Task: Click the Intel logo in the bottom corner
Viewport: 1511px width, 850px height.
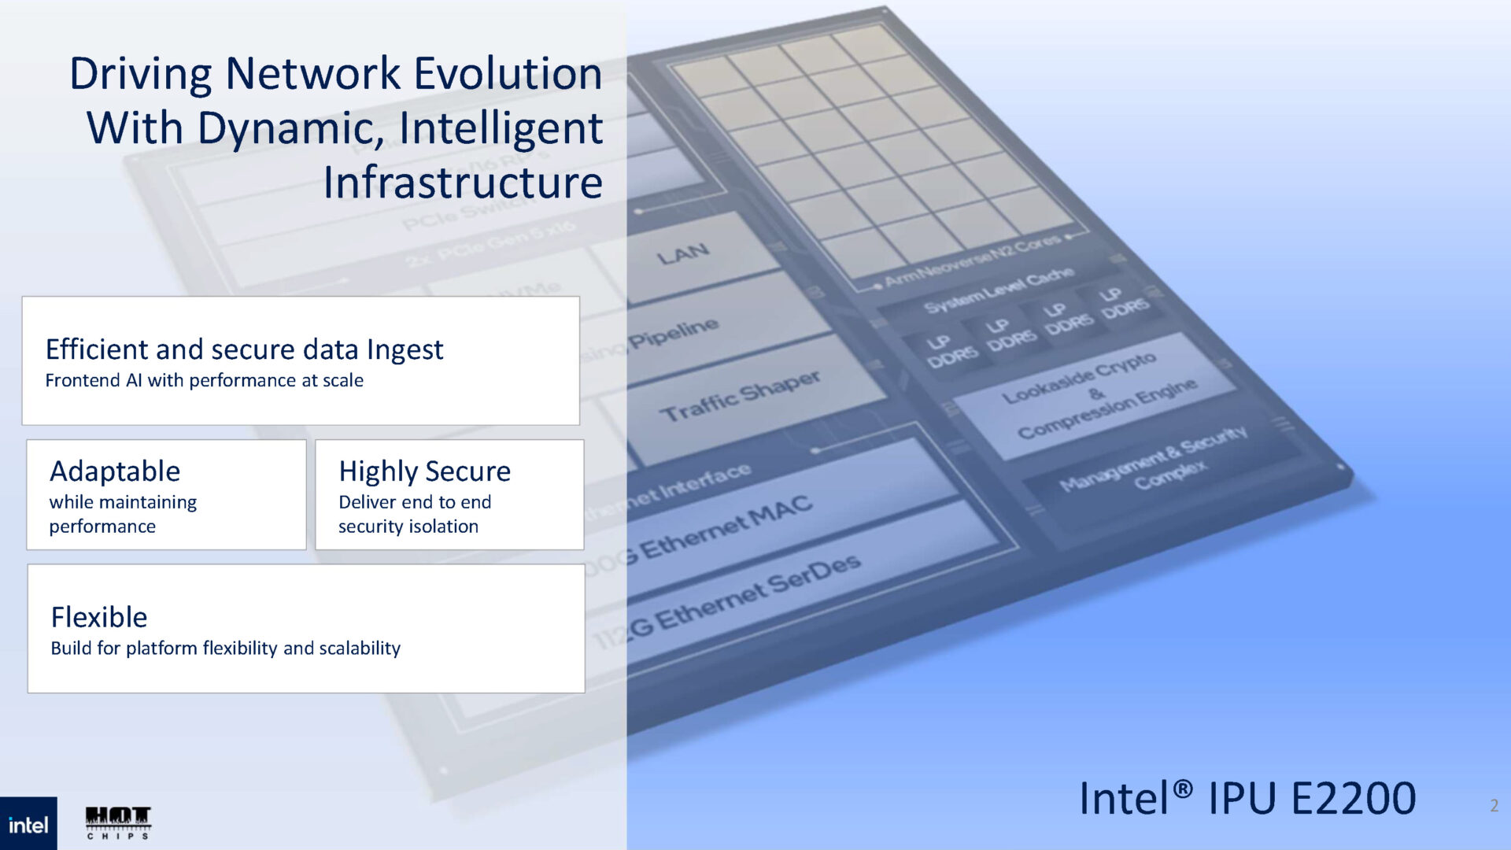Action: point(28,824)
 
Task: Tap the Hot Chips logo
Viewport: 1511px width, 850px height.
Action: point(118,822)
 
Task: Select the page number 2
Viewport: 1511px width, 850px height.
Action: point(1494,805)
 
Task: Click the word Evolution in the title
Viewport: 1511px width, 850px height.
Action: point(508,74)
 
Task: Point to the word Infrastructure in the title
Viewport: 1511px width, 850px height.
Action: point(463,183)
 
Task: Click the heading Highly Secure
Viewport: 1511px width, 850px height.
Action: point(424,471)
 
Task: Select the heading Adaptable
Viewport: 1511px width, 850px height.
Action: point(115,471)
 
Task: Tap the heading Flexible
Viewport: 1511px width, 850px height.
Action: point(99,617)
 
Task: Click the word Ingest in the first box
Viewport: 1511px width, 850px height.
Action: point(405,349)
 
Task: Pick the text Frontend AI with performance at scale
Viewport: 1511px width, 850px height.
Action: point(204,381)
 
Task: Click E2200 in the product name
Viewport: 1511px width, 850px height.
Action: point(1353,798)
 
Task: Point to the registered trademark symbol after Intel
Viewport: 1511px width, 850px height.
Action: point(1183,787)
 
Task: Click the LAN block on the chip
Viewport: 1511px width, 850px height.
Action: point(683,254)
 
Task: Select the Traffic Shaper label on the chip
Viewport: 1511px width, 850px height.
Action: point(740,396)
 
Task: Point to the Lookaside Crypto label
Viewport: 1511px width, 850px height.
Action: point(1078,377)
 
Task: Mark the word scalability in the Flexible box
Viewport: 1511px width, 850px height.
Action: point(360,649)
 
